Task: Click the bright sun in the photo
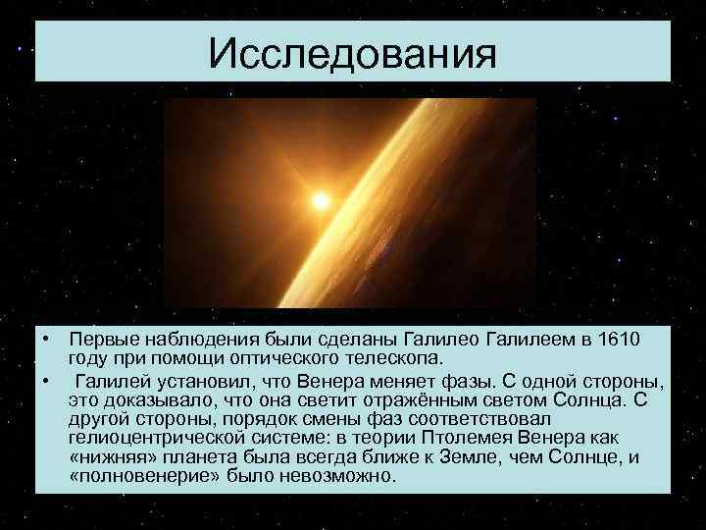pyautogui.click(x=320, y=200)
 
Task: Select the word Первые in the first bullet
pyautogui.click(x=101, y=339)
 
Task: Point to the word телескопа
pyautogui.click(x=399, y=356)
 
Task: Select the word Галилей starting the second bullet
pyautogui.click(x=114, y=380)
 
